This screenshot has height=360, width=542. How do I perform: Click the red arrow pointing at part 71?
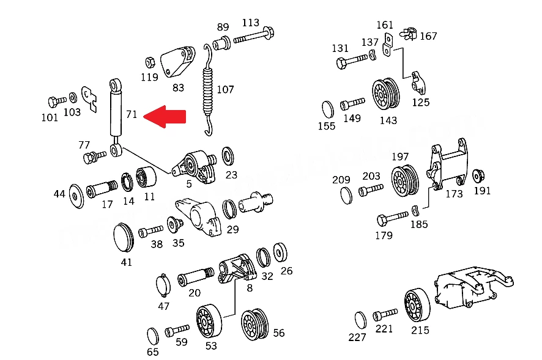[165, 116]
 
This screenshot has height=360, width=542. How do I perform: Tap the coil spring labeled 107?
[207, 90]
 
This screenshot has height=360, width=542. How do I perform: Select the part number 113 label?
[251, 23]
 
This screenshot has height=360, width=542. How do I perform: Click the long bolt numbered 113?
[254, 36]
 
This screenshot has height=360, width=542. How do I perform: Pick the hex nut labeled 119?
[150, 63]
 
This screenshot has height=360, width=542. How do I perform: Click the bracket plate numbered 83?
[177, 62]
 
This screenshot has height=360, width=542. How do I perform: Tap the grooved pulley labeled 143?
[385, 94]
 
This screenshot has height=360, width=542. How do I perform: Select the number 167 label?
[428, 36]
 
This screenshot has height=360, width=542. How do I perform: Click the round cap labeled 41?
[124, 237]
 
